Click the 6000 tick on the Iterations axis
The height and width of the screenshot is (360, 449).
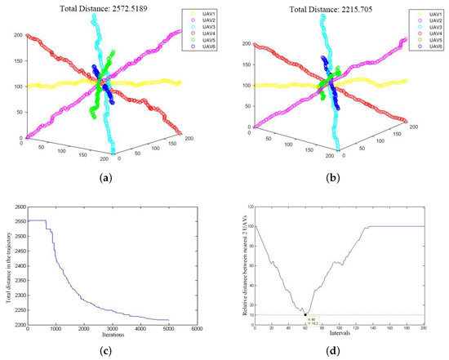[x=198, y=330]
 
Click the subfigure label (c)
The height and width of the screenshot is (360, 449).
[x=110, y=353]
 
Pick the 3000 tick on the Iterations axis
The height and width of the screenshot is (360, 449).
[x=113, y=330]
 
